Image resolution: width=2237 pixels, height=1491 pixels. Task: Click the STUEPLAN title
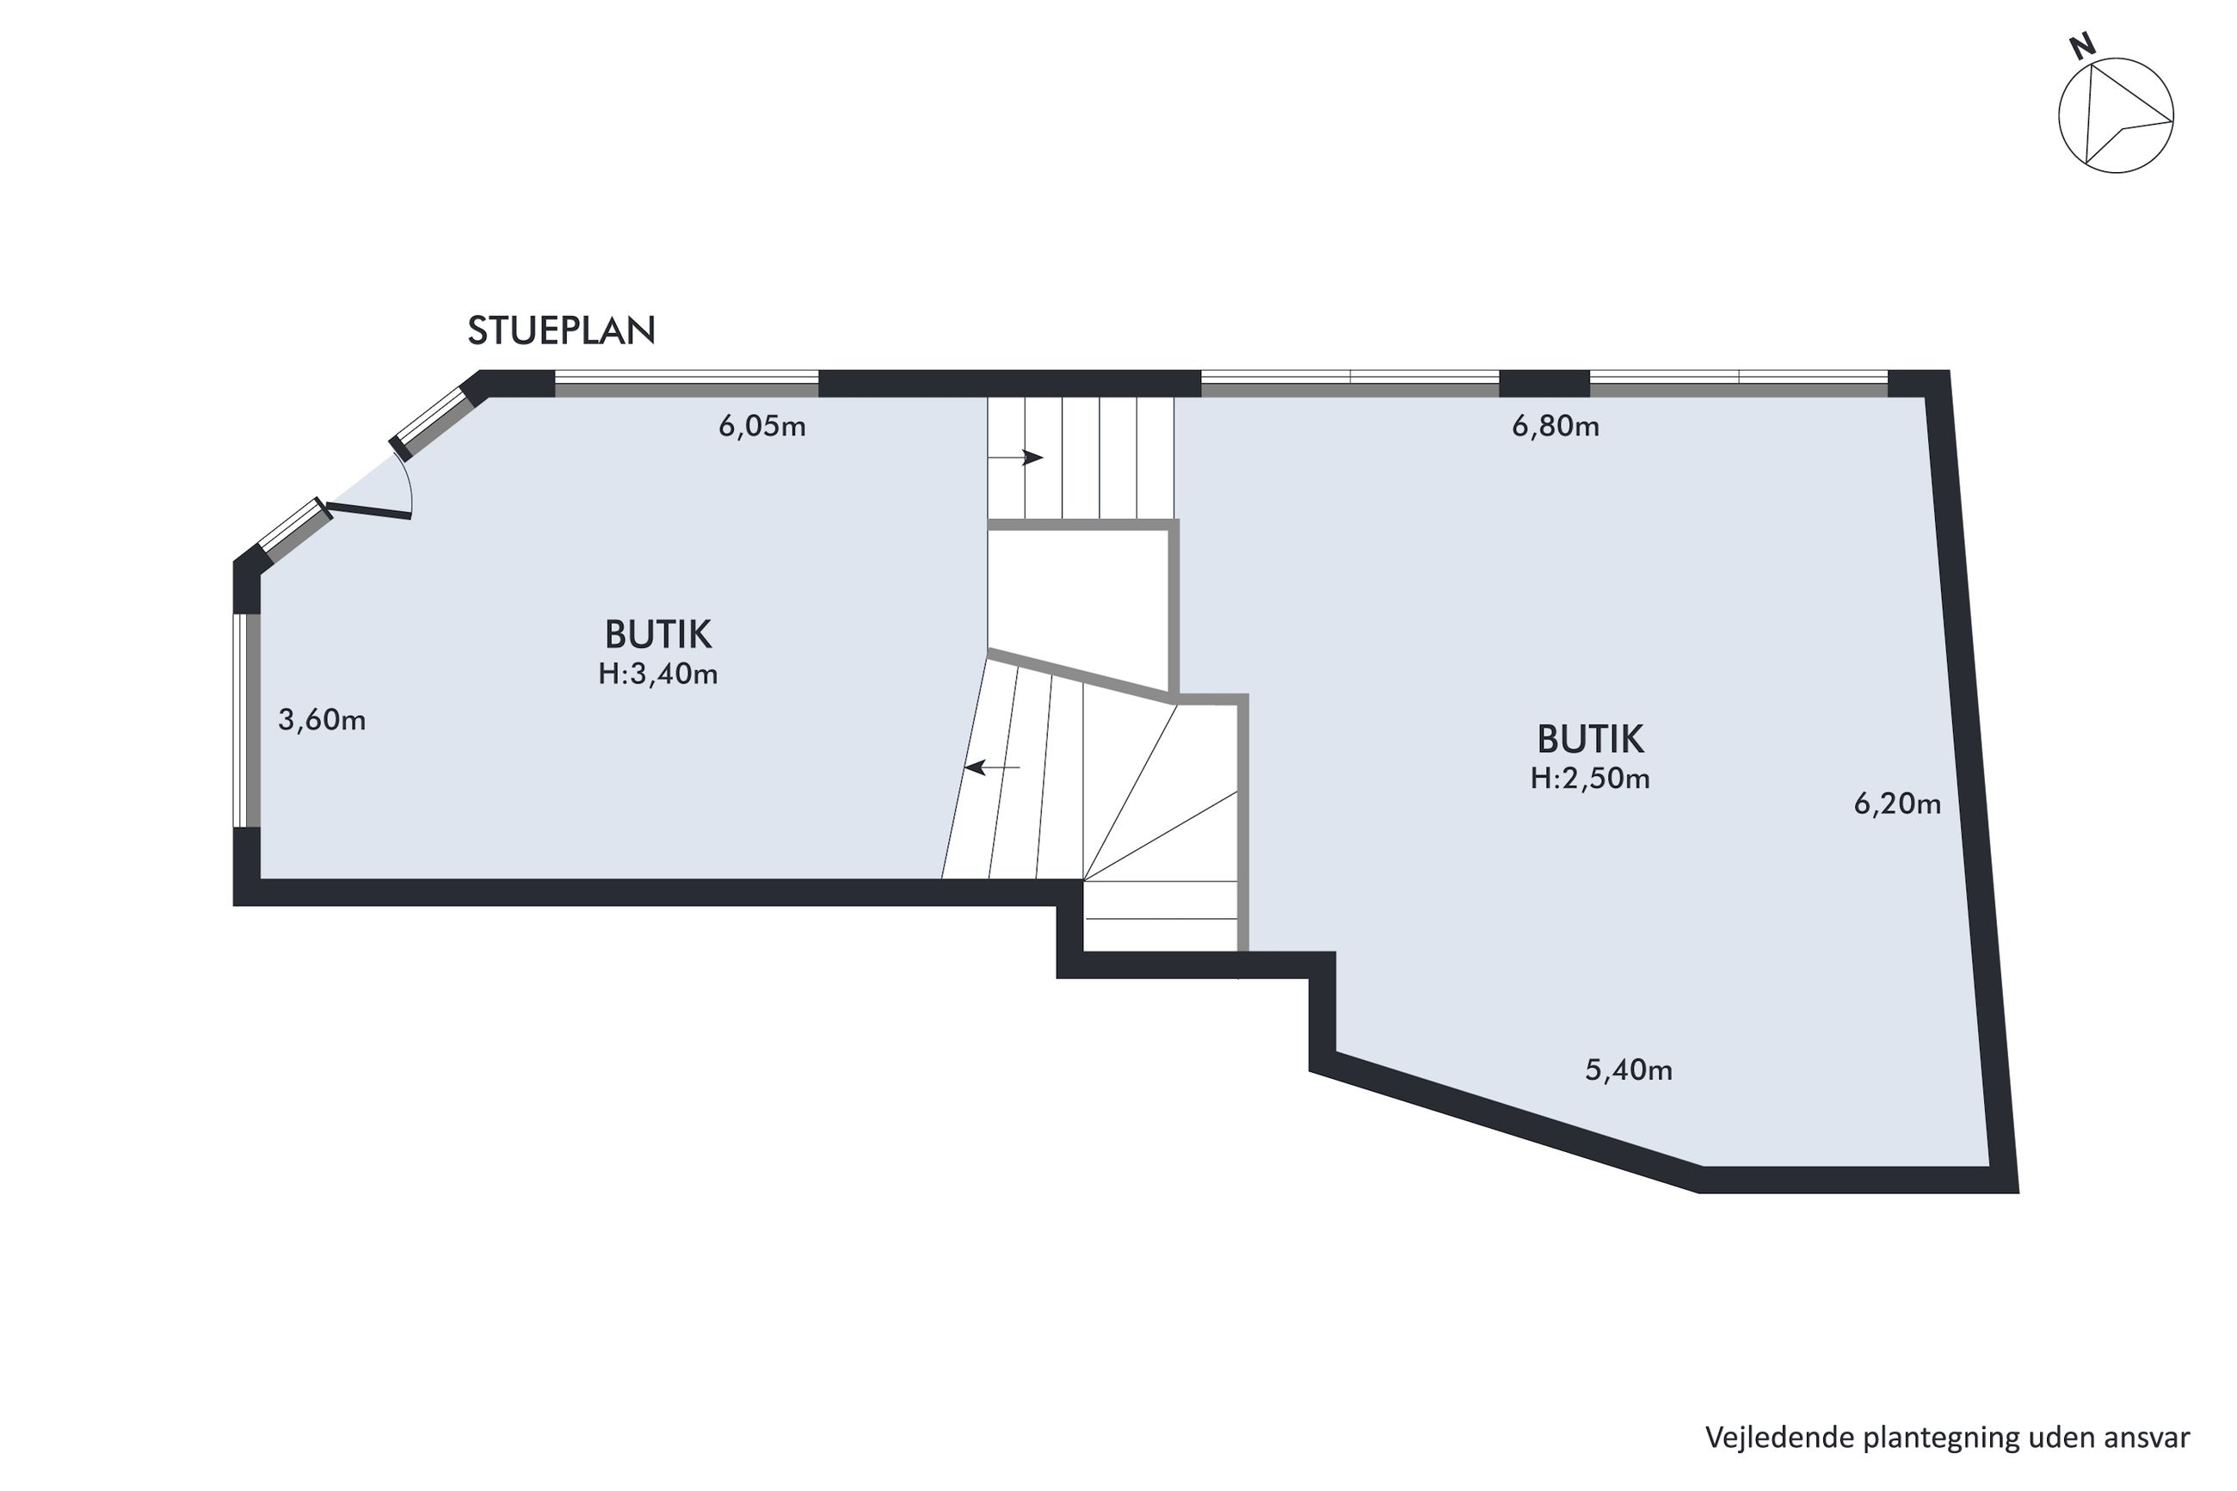tap(561, 330)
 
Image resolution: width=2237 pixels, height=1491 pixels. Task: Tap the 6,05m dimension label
tap(761, 427)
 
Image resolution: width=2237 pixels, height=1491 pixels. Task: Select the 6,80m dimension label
tap(1556, 427)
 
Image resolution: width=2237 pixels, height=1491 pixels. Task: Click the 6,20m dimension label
tap(1896, 804)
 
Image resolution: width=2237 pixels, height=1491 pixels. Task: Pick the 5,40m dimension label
tap(1629, 1070)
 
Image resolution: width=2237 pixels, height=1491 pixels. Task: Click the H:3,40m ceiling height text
tap(658, 675)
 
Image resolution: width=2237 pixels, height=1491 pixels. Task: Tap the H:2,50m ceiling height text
tap(1590, 779)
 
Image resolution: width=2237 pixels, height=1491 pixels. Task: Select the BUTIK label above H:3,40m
tap(658, 634)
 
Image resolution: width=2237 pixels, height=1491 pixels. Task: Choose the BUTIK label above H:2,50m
tap(1590, 739)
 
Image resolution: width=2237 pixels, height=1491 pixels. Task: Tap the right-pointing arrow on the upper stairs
tap(1015, 459)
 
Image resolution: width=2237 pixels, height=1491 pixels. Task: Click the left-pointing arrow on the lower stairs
tap(991, 767)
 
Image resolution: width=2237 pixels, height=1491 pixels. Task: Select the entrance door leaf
tap(369, 509)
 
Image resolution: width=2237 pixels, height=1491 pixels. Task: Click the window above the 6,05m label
tap(687, 383)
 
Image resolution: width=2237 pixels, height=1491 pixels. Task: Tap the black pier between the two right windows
tap(1544, 383)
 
